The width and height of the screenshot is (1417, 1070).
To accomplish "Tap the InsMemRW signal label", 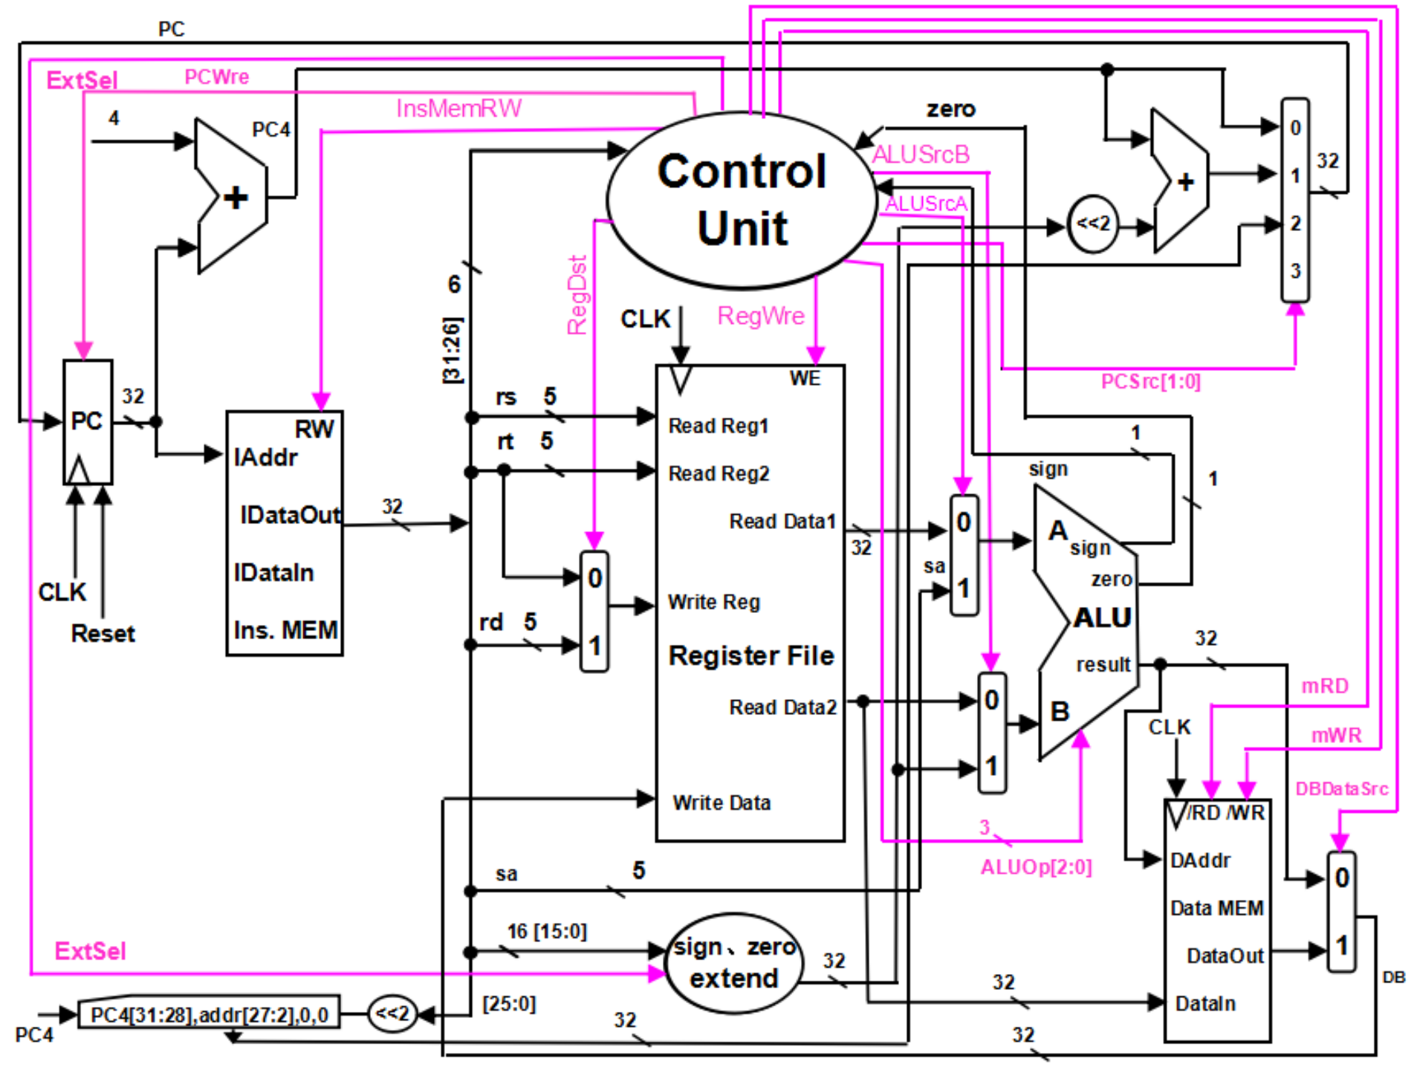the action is [x=458, y=108].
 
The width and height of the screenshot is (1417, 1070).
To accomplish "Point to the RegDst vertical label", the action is [x=577, y=295].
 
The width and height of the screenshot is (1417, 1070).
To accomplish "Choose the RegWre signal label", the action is [x=761, y=316].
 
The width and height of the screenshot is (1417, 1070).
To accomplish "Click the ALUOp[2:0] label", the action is [x=1036, y=867].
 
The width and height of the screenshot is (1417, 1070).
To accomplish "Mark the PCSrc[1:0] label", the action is [x=1150, y=381].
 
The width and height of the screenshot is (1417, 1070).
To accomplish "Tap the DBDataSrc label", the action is [x=1341, y=788].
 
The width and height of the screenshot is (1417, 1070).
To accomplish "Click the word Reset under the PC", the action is [x=103, y=634].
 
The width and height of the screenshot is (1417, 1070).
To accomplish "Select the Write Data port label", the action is [x=722, y=802].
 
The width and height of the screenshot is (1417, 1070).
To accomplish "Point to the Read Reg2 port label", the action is [x=719, y=473].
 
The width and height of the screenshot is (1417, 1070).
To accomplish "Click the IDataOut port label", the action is [x=290, y=515].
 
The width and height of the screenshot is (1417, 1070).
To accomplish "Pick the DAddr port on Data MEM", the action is [x=1200, y=860].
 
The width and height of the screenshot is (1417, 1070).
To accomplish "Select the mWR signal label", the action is [x=1336, y=735].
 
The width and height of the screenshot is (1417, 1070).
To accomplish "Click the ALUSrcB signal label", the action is [x=921, y=155].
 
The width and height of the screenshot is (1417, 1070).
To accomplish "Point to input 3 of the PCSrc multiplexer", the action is [x=1295, y=270].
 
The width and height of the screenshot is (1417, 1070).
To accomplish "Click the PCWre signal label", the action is [x=216, y=77].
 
